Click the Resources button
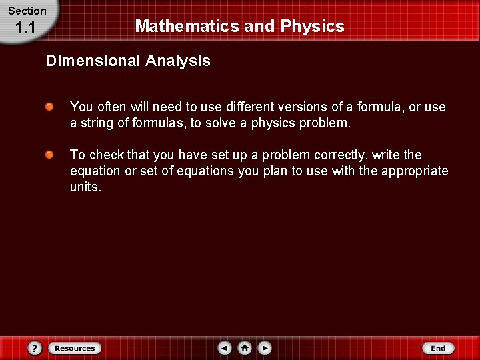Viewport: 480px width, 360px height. tap(75, 348)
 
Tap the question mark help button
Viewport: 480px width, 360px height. tap(35, 348)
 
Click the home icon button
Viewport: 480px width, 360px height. tap(245, 348)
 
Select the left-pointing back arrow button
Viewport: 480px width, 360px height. tap(225, 348)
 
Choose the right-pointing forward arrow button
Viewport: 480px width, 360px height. tap(265, 348)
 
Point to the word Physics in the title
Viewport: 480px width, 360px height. tap(312, 27)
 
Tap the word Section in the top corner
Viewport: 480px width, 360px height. tap(27, 11)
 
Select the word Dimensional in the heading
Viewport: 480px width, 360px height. tap(93, 61)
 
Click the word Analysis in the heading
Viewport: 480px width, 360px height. tap(178, 61)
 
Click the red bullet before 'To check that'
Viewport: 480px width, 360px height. tap(50, 155)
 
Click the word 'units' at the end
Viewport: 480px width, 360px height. tap(84, 187)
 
